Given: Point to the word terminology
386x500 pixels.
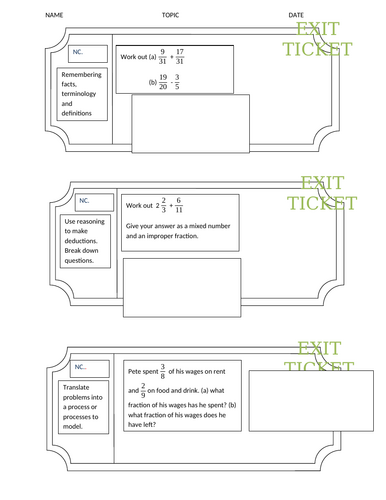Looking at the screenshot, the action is (83, 101).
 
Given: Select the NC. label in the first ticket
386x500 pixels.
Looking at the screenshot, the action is (78, 51).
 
